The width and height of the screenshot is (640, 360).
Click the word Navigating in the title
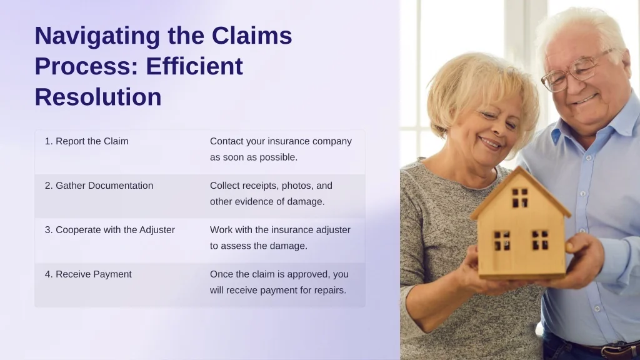97,36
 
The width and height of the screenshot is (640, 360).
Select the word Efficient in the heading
194,66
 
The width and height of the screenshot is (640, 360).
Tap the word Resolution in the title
98,97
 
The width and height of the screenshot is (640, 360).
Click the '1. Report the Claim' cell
86,141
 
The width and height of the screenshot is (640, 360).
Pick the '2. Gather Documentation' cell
99,186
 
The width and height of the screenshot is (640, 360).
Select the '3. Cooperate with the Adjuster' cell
110,230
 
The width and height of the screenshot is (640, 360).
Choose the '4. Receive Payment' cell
88,274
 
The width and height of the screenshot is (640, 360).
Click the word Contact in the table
225,141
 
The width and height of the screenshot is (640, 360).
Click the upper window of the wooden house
520,197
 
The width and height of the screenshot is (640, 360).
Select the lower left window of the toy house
502,241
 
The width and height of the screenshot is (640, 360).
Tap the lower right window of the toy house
540,239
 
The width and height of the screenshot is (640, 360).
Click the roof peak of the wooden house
519,167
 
